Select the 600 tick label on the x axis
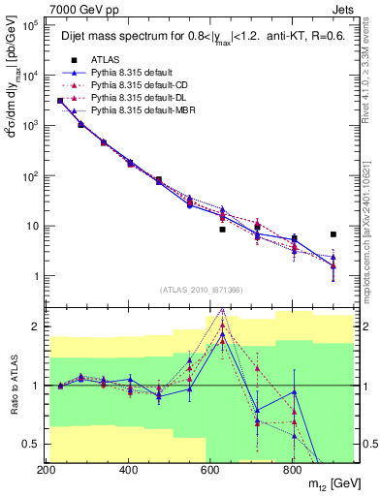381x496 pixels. click(x=210, y=470)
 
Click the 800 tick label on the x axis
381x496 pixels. click(x=292, y=470)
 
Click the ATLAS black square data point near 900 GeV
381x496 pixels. click(x=333, y=234)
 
